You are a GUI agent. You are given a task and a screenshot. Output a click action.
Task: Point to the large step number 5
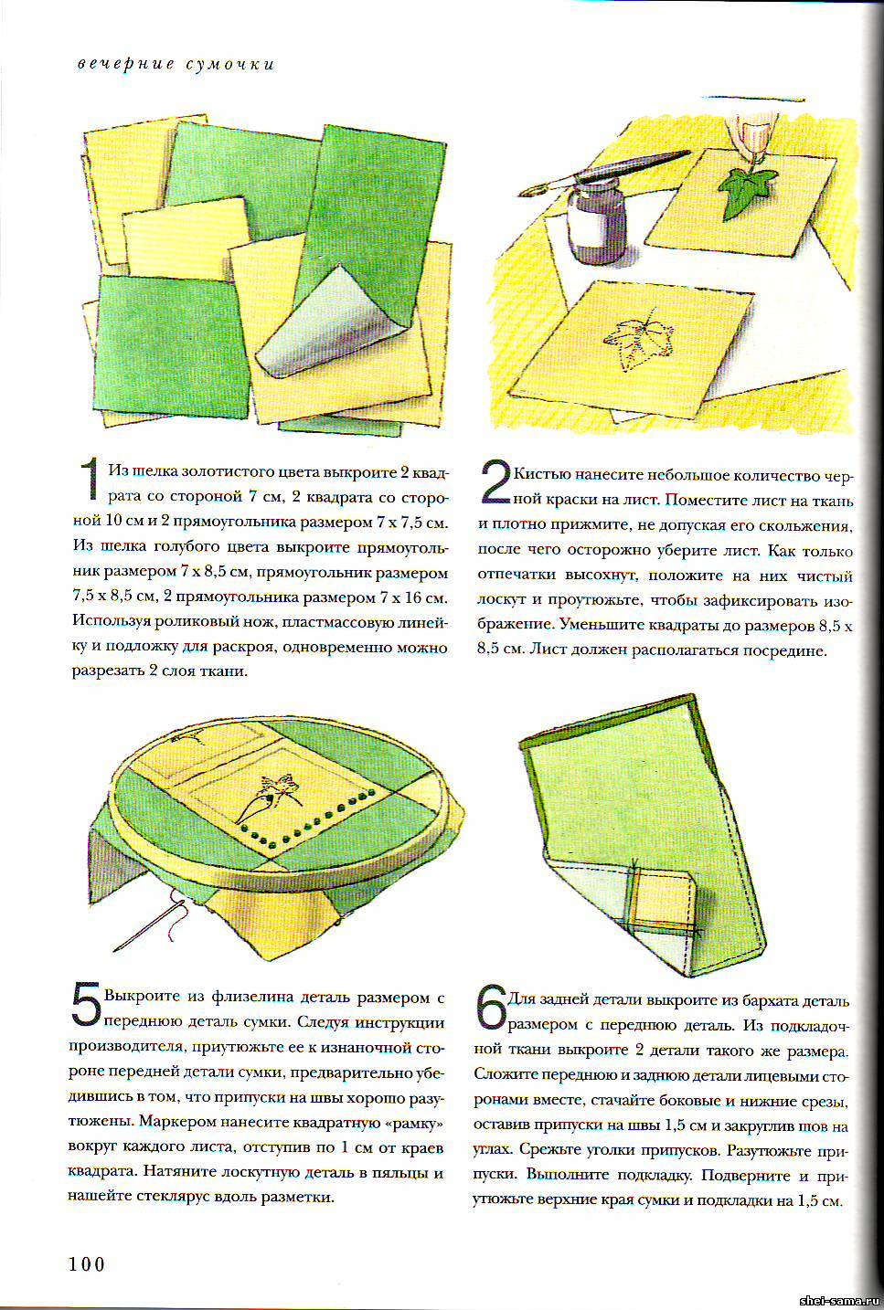(x=87, y=1006)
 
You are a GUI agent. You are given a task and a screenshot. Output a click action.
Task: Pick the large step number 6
(x=490, y=1007)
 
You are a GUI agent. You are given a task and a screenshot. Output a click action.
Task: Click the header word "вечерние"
(x=123, y=64)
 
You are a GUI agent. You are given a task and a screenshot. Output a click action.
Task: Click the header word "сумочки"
(x=230, y=64)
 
